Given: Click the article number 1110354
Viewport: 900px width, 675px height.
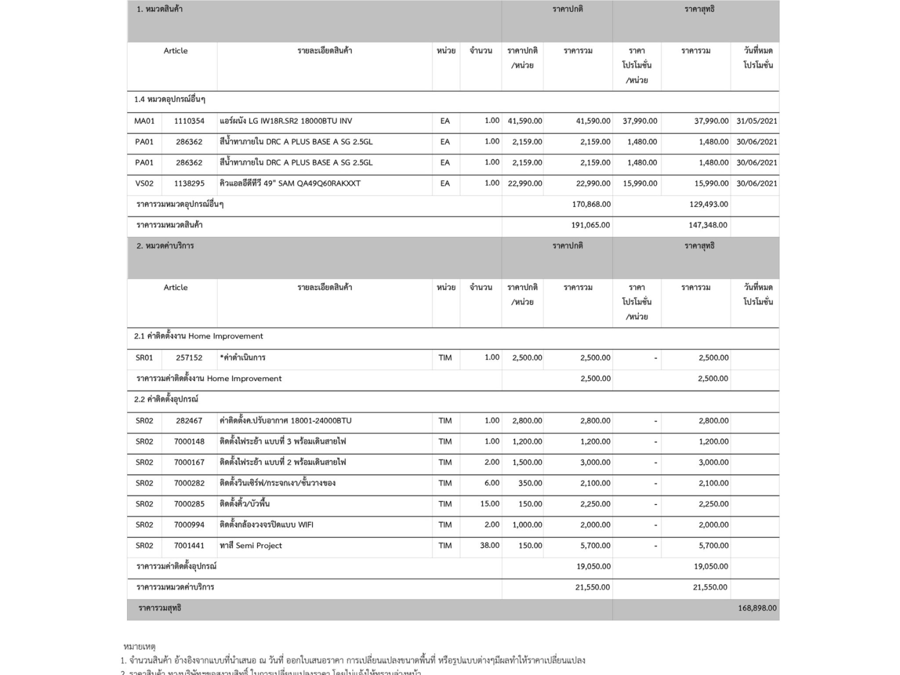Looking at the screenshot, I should tap(189, 121).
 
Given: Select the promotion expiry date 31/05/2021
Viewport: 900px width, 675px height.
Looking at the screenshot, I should tap(757, 121).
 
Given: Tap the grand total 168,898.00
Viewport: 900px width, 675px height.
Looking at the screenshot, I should tap(757, 608).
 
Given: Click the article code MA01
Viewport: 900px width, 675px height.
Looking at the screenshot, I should tap(144, 121).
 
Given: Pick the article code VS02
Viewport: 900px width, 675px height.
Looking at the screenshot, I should tap(144, 183).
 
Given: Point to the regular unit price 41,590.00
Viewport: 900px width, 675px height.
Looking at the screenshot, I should tap(525, 121).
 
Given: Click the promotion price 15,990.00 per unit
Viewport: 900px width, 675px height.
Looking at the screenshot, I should tap(640, 183).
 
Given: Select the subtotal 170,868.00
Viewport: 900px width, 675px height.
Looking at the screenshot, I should tap(591, 204).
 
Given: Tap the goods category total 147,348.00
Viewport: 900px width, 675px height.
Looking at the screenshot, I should tap(708, 225).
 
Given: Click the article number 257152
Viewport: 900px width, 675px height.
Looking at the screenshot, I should tap(189, 358).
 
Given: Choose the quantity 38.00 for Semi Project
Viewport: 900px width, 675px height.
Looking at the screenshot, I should tap(490, 545).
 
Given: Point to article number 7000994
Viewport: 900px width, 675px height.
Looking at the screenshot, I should tap(189, 525).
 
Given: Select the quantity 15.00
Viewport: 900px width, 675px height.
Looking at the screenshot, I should tap(490, 504).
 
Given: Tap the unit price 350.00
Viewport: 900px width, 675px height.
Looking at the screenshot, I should tap(530, 483).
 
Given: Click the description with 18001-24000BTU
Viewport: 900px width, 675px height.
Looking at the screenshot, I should tap(286, 421).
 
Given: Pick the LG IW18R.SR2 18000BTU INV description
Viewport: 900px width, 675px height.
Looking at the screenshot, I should tap(286, 121).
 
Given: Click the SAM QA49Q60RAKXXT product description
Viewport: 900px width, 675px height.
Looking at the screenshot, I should tap(290, 183).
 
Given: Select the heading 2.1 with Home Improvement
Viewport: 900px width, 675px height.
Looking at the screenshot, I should tap(199, 336).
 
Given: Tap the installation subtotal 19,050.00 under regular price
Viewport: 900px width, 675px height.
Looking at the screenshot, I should tap(593, 566).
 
